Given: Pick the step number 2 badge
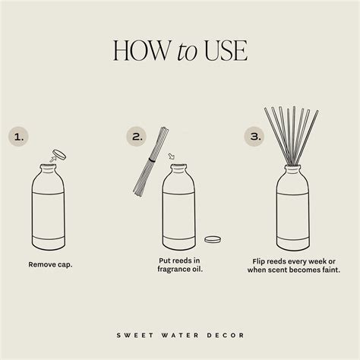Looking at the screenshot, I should pyautogui.click(x=137, y=137).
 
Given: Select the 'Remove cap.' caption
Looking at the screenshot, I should pyautogui.click(x=49, y=265).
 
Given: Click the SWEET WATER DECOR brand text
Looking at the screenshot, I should pyautogui.click(x=180, y=332).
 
